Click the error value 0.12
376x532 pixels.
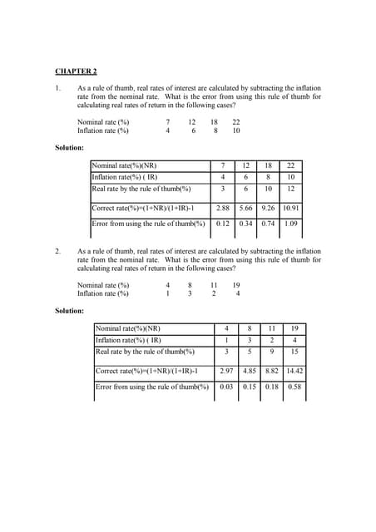point(222,224)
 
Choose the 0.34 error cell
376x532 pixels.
point(245,224)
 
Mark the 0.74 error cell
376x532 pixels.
point(268,224)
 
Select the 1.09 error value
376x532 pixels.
point(291,224)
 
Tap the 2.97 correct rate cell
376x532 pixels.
point(226,372)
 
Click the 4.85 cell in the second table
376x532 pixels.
point(249,372)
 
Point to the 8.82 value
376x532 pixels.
point(271,372)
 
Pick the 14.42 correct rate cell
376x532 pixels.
point(294,372)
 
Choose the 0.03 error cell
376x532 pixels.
point(226,387)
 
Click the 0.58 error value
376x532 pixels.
point(294,387)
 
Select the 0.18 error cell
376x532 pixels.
point(271,387)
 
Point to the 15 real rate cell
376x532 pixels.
point(294,352)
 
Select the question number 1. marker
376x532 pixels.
point(57,88)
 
